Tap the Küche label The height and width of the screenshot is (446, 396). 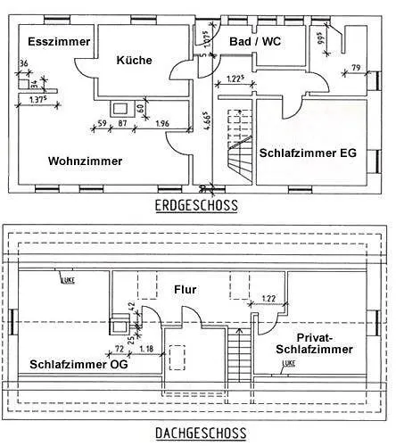coord(134,61)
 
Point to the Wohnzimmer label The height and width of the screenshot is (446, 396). coord(85,161)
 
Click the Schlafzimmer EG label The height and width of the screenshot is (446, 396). coord(308,153)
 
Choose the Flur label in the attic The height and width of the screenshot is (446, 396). coord(186,290)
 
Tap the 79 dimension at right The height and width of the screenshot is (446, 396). coord(355,69)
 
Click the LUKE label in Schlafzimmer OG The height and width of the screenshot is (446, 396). coord(68,281)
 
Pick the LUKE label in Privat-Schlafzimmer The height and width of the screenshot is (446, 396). coord(288,364)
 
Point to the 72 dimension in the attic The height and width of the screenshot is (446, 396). coord(119,349)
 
